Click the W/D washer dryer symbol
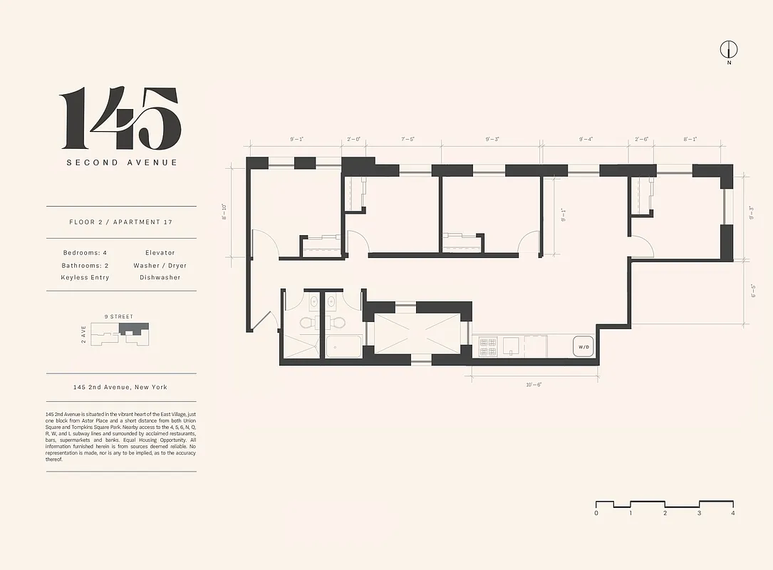tap(583, 347)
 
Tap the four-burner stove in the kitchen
tap(488, 347)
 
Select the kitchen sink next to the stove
tap(512, 346)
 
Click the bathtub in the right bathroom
tap(343, 349)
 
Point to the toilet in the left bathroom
tap(306, 322)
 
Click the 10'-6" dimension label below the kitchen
tap(533, 385)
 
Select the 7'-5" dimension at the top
tap(408, 140)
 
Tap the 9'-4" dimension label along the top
tap(586, 140)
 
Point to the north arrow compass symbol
tap(728, 50)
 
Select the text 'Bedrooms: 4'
tap(83, 253)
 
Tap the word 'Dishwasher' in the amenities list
tap(160, 277)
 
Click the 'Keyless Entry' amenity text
tap(85, 277)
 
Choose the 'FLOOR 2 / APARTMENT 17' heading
tap(121, 222)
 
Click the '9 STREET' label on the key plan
tap(118, 316)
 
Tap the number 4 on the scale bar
tap(732, 513)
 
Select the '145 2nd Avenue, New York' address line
tap(120, 387)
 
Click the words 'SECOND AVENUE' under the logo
tap(122, 162)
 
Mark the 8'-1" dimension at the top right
tap(690, 140)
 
